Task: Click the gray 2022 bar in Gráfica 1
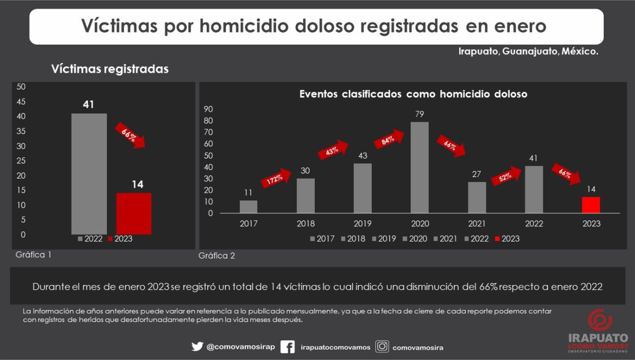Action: (89, 174)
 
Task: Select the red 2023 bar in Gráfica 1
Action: (134, 213)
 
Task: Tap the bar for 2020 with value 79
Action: (420, 167)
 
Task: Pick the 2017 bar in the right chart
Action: (248, 207)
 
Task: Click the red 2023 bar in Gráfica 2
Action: (591, 205)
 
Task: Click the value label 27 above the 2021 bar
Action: (477, 174)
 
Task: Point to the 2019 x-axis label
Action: (363, 223)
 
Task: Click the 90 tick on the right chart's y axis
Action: (208, 109)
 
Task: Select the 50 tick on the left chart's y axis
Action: (21, 86)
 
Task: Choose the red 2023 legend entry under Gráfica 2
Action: (507, 238)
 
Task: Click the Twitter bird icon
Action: (197, 346)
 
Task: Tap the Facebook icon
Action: (288, 346)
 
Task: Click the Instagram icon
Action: (383, 346)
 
